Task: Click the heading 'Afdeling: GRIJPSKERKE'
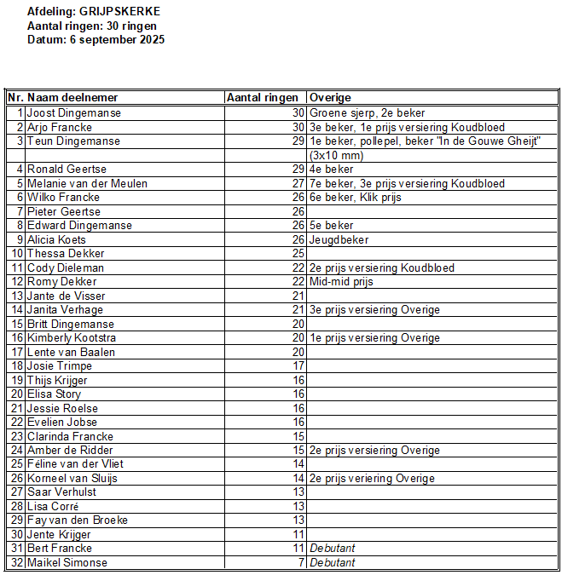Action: click(93, 12)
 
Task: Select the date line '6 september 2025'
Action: click(96, 40)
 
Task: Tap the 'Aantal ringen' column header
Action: click(263, 98)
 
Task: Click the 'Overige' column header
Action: click(330, 98)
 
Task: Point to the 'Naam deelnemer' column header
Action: click(72, 98)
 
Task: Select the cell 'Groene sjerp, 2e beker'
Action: click(367, 112)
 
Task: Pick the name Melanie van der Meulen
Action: click(87, 183)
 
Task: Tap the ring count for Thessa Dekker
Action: click(298, 254)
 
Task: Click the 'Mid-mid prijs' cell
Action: click(341, 282)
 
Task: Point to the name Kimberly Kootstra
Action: click(78, 338)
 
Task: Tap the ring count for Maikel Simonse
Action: click(300, 563)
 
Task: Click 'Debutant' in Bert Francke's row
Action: click(332, 549)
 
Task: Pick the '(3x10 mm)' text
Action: click(337, 155)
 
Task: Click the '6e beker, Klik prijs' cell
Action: click(356, 198)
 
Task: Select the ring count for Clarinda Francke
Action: click(298, 436)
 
